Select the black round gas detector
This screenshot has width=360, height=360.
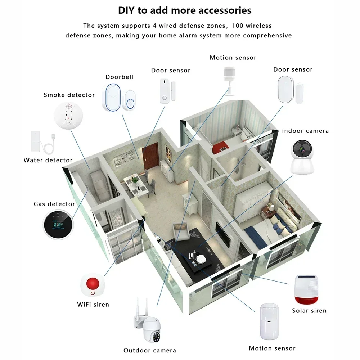point(58,225)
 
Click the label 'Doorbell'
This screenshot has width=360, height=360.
point(119,77)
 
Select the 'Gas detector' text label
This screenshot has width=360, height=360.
point(54,204)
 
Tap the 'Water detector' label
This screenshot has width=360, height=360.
point(48,160)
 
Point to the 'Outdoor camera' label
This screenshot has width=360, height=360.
point(149,350)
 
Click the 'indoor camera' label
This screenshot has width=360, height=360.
point(305,131)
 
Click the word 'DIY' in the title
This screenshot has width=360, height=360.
point(127,10)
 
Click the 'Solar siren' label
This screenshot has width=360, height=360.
point(309,311)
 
